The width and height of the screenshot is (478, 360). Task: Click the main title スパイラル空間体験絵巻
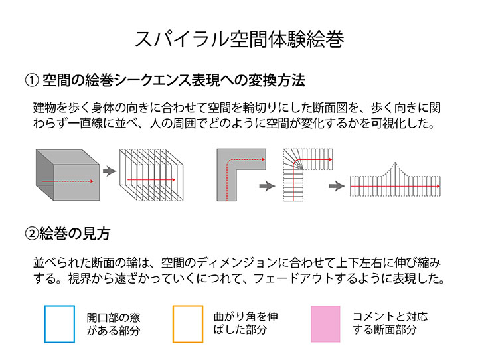pyautogui.click(x=239, y=39)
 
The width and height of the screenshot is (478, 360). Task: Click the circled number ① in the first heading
pyautogui.click(x=32, y=80)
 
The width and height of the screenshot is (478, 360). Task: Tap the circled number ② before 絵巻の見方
pyautogui.click(x=32, y=234)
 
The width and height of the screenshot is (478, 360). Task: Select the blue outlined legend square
pyautogui.click(x=60, y=324)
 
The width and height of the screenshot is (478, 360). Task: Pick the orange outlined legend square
pyautogui.click(x=188, y=324)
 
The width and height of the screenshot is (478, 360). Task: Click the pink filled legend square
pyautogui.click(x=325, y=324)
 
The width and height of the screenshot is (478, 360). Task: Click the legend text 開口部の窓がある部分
pyautogui.click(x=114, y=324)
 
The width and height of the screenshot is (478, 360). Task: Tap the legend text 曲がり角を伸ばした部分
pyautogui.click(x=246, y=323)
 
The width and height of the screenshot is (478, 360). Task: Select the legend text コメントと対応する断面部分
pyautogui.click(x=390, y=323)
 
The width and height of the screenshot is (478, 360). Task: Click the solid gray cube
pyautogui.click(x=68, y=175)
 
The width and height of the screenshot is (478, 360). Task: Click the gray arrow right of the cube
pyautogui.click(x=110, y=171)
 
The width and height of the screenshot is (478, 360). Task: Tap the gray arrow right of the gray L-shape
pyautogui.click(x=267, y=186)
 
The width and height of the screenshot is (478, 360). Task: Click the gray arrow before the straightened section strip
pyautogui.click(x=337, y=186)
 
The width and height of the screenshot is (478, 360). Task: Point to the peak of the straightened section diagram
pyautogui.click(x=395, y=163)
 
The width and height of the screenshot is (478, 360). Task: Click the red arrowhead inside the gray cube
pyautogui.click(x=92, y=181)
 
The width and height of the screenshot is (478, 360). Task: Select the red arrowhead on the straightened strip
pyautogui.click(x=438, y=186)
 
